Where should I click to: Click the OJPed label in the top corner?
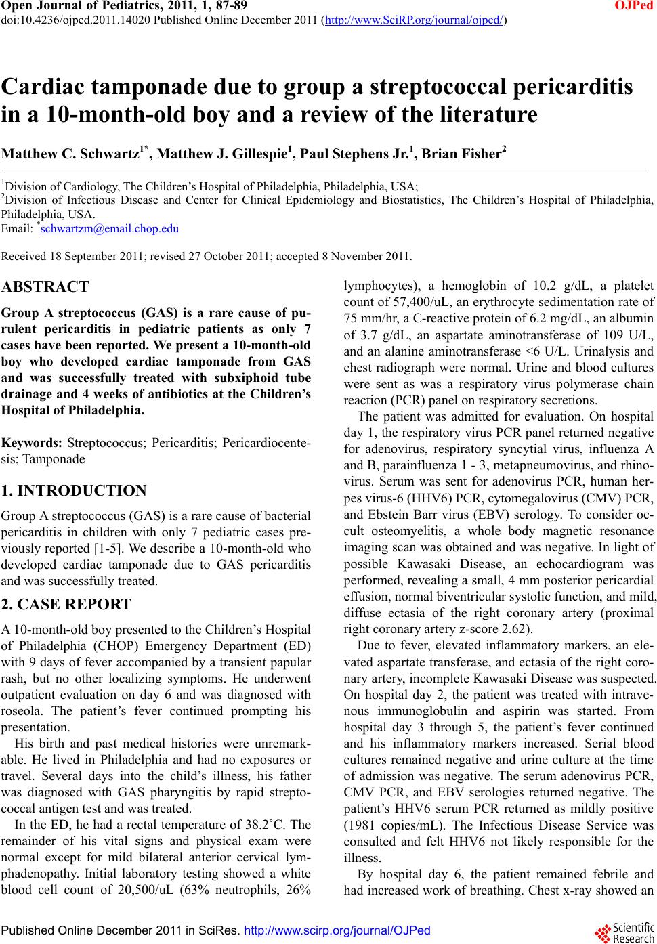tap(639, 6)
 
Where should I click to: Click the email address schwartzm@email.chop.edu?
tap(109, 229)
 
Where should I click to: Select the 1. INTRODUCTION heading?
tap(74, 491)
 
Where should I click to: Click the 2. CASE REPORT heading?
tap(66, 604)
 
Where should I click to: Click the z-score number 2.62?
tap(515, 628)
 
